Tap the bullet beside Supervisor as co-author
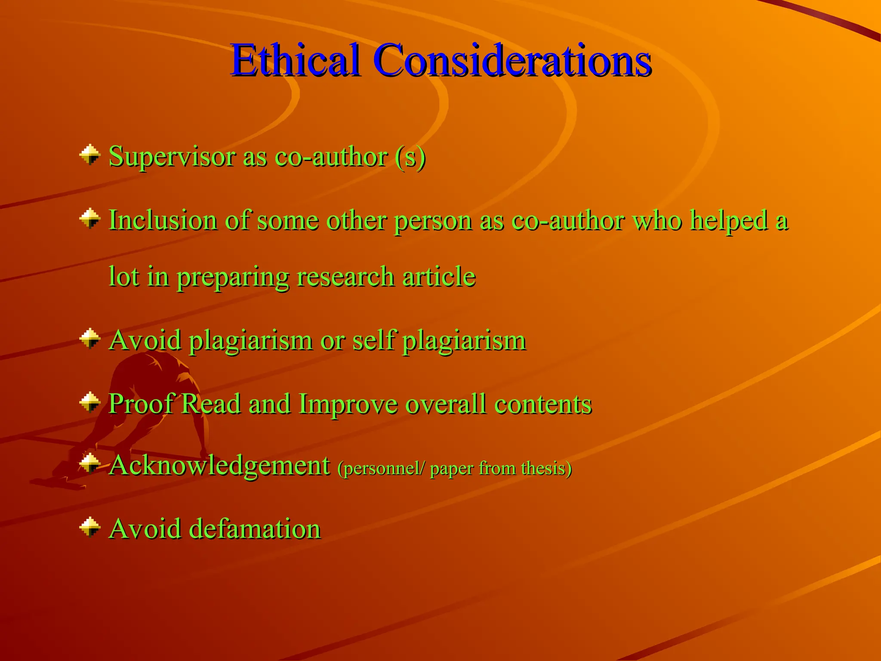(x=90, y=155)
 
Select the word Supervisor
(x=172, y=157)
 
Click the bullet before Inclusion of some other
(x=90, y=219)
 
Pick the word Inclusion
(x=163, y=220)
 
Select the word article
(x=439, y=276)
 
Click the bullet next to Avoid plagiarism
(x=90, y=339)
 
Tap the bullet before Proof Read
(x=90, y=402)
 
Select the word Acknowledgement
(x=219, y=466)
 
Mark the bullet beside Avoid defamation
(x=90, y=527)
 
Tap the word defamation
(x=255, y=528)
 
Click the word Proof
(x=141, y=404)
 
